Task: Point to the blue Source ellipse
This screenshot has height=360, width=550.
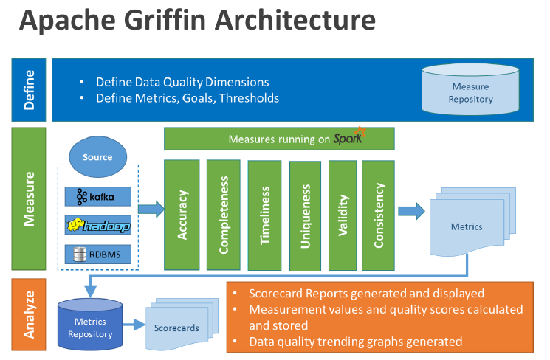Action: tap(97, 157)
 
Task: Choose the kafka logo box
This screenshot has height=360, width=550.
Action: tap(98, 196)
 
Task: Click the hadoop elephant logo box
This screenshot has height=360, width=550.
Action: tap(98, 226)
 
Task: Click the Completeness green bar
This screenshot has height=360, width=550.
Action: tap(224, 215)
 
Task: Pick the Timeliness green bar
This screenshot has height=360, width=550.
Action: tap(264, 215)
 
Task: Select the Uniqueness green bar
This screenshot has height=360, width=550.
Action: tap(305, 215)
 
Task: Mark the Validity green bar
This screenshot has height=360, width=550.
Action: tap(343, 215)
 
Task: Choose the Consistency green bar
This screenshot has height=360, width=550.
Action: tap(379, 215)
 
